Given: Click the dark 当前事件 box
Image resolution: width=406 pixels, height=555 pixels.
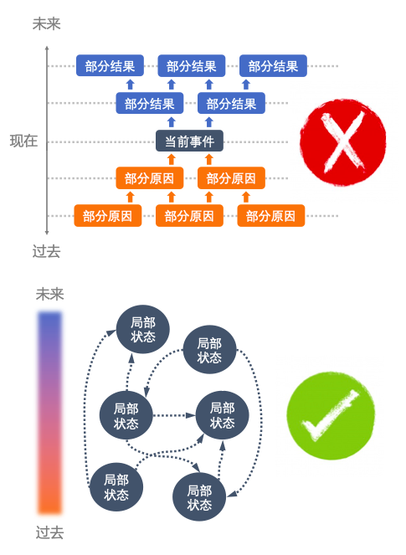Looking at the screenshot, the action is pyautogui.click(x=189, y=141).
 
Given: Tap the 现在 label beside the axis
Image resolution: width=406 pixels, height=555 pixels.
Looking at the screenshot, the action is pyautogui.click(x=23, y=141).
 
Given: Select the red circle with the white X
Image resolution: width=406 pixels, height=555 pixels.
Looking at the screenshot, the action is pyautogui.click(x=342, y=142).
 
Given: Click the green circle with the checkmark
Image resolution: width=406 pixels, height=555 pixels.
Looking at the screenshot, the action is pyautogui.click(x=331, y=415).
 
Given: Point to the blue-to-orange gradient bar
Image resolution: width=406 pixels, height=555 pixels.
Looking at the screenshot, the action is pyautogui.click(x=50, y=413).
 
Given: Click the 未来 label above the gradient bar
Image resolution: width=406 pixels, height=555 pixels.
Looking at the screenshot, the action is pyautogui.click(x=50, y=294).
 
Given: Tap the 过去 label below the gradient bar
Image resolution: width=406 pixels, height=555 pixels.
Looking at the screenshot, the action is pyautogui.click(x=50, y=532).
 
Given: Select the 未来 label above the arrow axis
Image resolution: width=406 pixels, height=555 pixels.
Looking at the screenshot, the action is pyautogui.click(x=46, y=23).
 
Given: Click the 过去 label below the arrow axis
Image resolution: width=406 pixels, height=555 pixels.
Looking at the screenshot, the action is pyautogui.click(x=46, y=251).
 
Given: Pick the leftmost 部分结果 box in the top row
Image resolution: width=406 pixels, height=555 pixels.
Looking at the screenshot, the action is pyautogui.click(x=110, y=65).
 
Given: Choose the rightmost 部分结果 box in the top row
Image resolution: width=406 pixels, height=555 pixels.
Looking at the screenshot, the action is pyautogui.click(x=273, y=65).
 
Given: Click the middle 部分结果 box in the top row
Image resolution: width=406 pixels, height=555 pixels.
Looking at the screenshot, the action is pyautogui.click(x=192, y=65).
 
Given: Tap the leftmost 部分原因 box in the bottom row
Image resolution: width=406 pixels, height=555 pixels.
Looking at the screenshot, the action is pyautogui.click(x=108, y=216).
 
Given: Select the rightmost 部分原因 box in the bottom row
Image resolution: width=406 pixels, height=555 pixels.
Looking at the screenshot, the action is pyautogui.click(x=270, y=216).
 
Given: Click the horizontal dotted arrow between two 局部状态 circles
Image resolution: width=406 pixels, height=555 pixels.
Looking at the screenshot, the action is pyautogui.click(x=174, y=415).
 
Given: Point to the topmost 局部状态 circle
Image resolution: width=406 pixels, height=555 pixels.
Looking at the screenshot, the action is pyautogui.click(x=143, y=329).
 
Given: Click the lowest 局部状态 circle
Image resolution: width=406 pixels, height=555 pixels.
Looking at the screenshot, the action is pyautogui.click(x=199, y=496).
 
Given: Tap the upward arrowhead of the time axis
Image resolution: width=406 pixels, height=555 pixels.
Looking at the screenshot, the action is pyautogui.click(x=47, y=49).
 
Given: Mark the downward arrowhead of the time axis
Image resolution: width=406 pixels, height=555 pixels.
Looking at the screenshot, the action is pyautogui.click(x=47, y=232).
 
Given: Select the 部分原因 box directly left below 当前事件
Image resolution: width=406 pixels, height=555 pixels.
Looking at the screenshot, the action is pyautogui.click(x=150, y=178).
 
